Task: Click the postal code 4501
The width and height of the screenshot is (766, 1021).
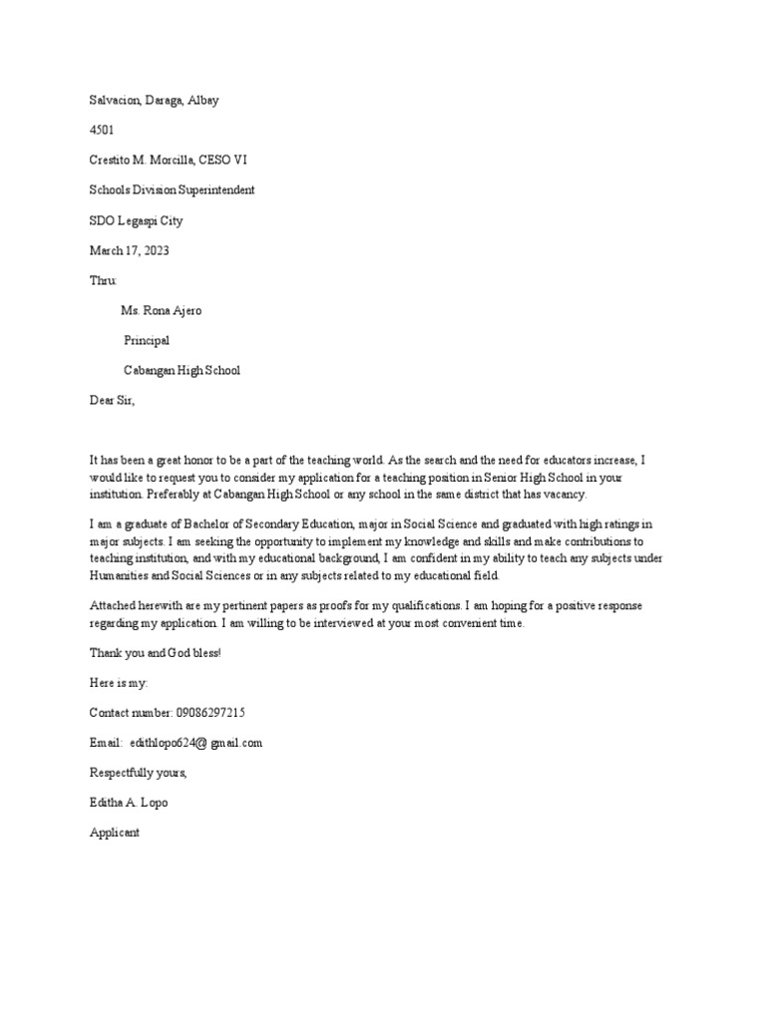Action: [103, 130]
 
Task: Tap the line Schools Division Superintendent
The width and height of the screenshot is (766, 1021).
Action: [172, 189]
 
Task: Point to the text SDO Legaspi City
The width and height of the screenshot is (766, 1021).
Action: [136, 220]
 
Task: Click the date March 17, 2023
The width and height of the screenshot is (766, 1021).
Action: [129, 250]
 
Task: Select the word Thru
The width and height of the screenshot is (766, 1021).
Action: [103, 280]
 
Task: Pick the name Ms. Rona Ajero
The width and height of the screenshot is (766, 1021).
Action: [161, 310]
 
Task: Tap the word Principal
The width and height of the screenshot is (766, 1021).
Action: [147, 340]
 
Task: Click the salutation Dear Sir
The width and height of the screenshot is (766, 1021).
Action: [111, 400]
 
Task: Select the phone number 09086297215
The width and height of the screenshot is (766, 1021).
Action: [210, 713]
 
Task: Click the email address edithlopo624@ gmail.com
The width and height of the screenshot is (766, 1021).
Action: [195, 743]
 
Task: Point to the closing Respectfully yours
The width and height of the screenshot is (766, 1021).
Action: [138, 773]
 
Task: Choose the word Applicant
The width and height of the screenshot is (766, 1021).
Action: [115, 833]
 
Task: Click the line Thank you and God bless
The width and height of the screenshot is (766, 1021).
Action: [155, 653]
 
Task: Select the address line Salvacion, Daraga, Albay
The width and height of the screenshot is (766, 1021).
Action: [155, 100]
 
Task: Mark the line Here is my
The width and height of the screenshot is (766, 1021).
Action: [119, 683]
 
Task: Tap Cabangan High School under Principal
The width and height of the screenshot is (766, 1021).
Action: [182, 370]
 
